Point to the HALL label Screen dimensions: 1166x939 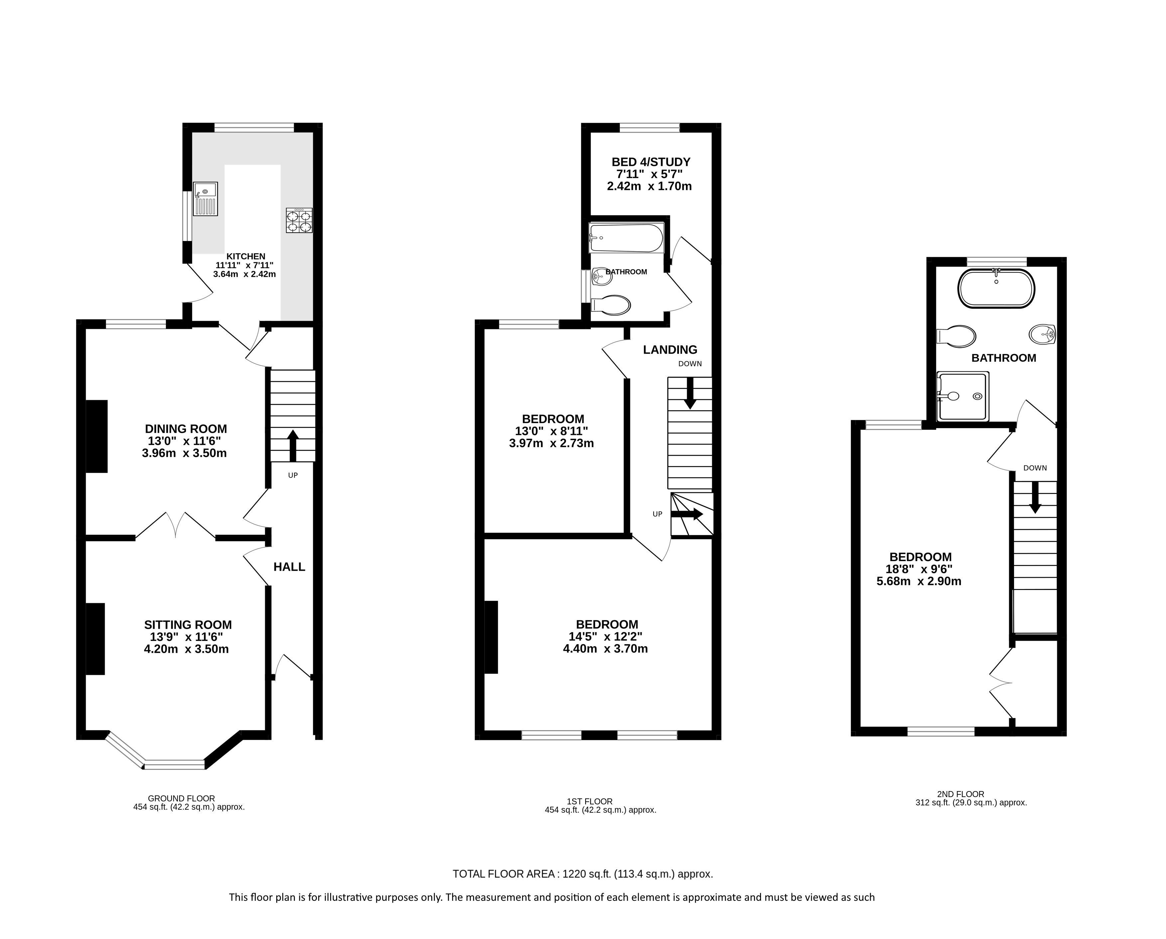290,567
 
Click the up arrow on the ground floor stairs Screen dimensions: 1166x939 293,446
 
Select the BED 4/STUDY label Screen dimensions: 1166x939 651,162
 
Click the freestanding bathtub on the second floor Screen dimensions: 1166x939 996,288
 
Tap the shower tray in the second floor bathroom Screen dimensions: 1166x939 963,396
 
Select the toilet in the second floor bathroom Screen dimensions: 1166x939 956,336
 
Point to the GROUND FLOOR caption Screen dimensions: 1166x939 181,798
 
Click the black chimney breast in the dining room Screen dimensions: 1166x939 97,436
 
